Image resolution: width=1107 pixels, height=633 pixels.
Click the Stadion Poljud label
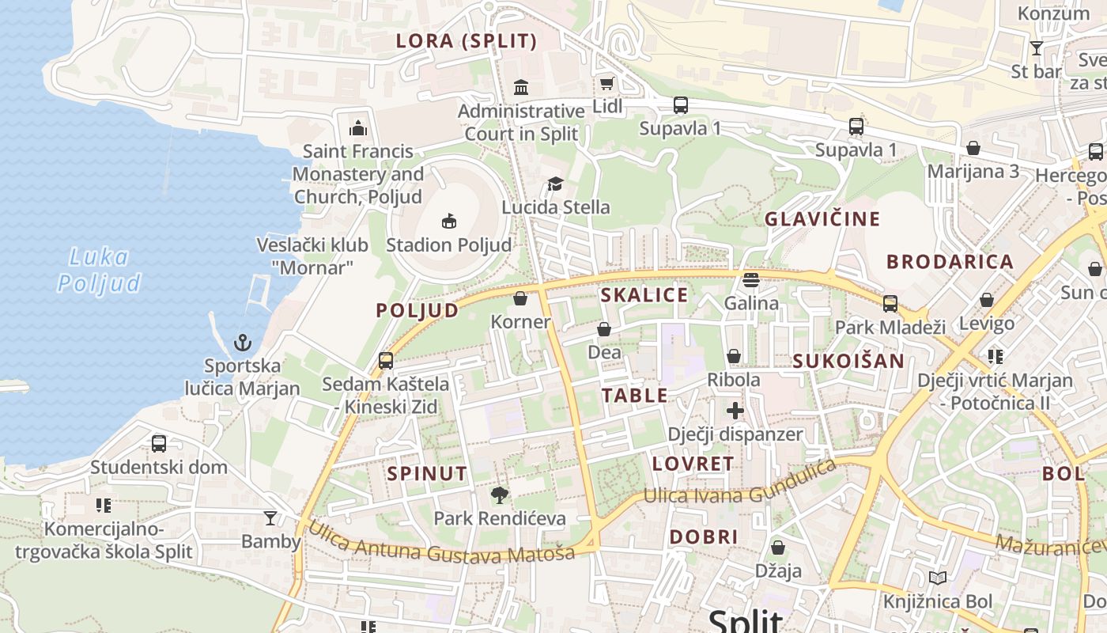click(448, 245)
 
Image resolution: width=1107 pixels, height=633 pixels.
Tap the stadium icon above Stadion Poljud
click(449, 221)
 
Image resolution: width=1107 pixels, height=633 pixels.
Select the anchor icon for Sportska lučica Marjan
click(243, 343)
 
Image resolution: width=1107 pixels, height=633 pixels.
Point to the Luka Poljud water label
click(100, 270)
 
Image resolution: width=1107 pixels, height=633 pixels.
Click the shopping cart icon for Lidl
click(606, 84)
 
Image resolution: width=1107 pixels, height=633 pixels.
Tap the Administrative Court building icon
click(521, 87)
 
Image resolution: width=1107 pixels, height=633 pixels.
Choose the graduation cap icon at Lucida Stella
click(556, 184)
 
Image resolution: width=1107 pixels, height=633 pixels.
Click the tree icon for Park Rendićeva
click(499, 495)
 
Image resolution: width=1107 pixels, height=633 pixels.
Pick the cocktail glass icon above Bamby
click(270, 518)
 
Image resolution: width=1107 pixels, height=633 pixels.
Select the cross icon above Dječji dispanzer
click(735, 411)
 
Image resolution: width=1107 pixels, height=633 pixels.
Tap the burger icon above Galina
click(751, 279)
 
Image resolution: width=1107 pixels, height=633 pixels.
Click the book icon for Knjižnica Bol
click(938, 578)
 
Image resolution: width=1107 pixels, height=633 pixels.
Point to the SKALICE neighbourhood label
click(644, 295)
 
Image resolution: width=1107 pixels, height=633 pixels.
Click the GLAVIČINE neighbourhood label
click(822, 219)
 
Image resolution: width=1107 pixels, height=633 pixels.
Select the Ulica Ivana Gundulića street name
click(740, 483)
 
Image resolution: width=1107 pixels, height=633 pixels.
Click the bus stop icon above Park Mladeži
click(890, 303)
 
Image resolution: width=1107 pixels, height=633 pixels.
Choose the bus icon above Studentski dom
click(159, 444)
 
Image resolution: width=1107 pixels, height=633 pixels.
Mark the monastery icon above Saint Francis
click(358, 127)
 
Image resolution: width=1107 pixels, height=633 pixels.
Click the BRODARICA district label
click(950, 262)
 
